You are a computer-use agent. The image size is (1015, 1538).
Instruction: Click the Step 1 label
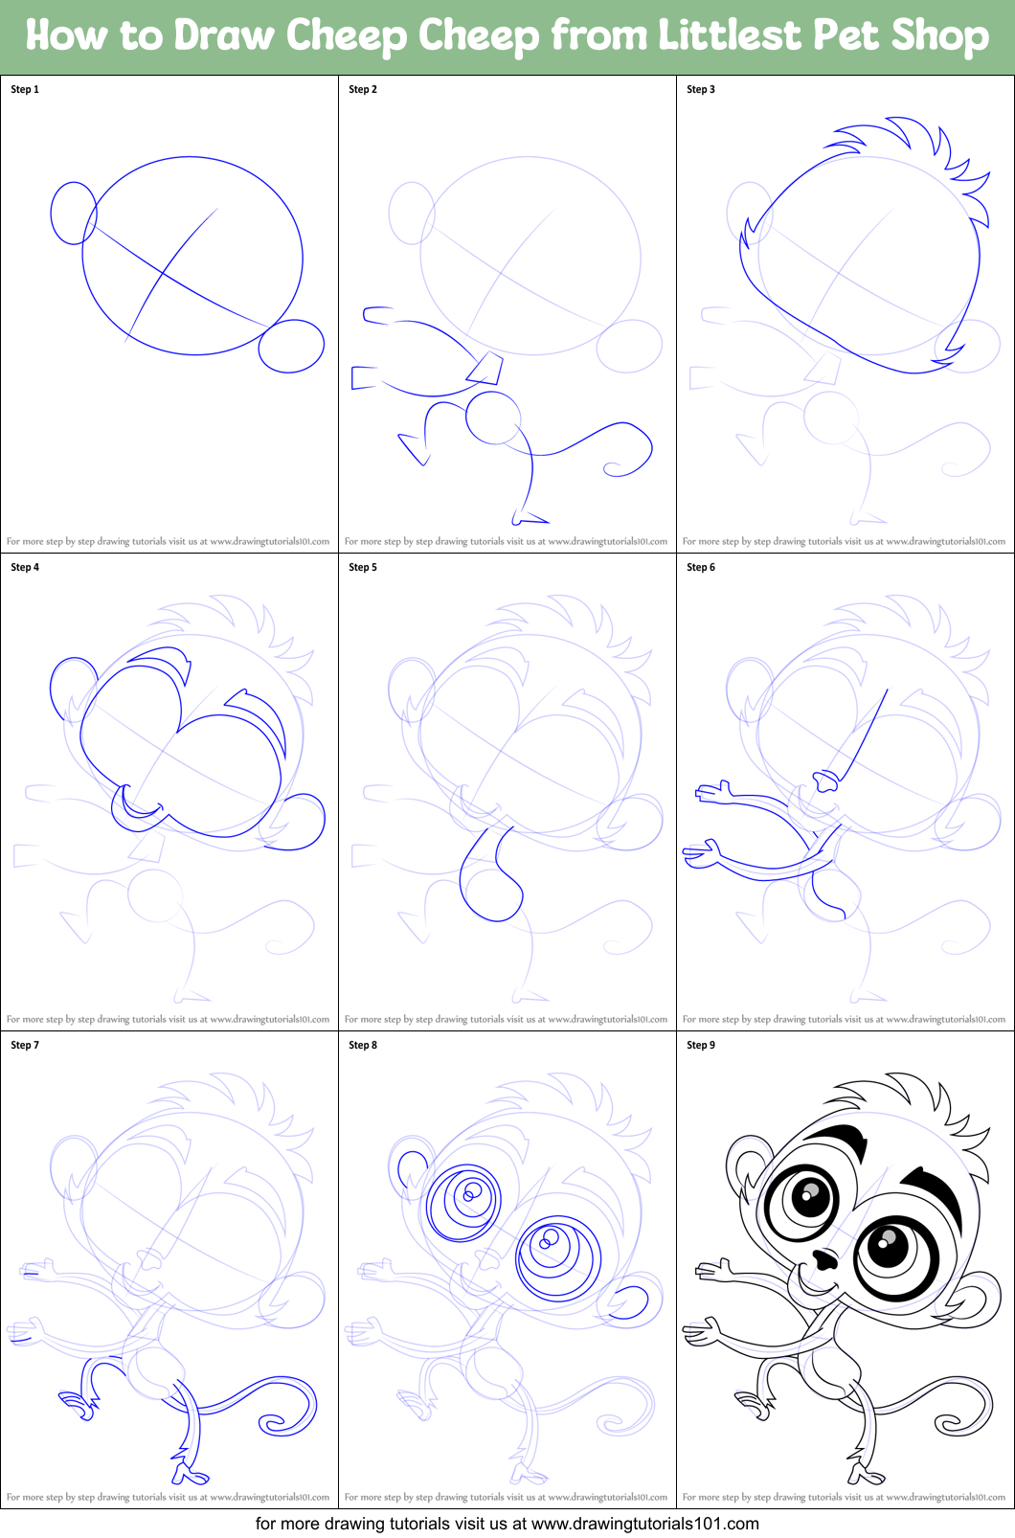point(25,89)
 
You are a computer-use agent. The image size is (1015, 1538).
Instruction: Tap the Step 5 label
point(363,567)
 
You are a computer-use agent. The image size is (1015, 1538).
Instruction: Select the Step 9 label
point(701,1045)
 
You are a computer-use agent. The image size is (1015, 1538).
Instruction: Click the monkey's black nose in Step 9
point(823,1258)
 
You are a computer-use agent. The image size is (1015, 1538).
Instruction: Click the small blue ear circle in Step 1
point(73,213)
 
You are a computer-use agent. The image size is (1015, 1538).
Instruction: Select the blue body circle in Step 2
point(493,418)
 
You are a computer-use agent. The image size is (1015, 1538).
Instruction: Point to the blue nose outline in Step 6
point(824,781)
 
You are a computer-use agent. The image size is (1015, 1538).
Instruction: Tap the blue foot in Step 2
point(529,519)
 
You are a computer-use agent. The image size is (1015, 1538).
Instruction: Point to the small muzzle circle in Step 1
point(291,346)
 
